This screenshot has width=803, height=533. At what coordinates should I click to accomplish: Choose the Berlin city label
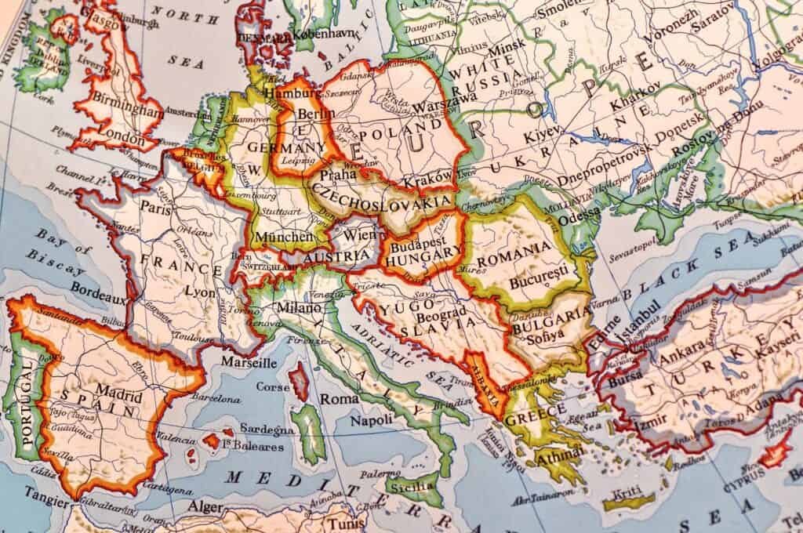click(x=295, y=114)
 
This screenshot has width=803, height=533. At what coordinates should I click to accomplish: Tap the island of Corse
click(x=299, y=381)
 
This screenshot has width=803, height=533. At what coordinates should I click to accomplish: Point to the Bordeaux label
click(x=96, y=288)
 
